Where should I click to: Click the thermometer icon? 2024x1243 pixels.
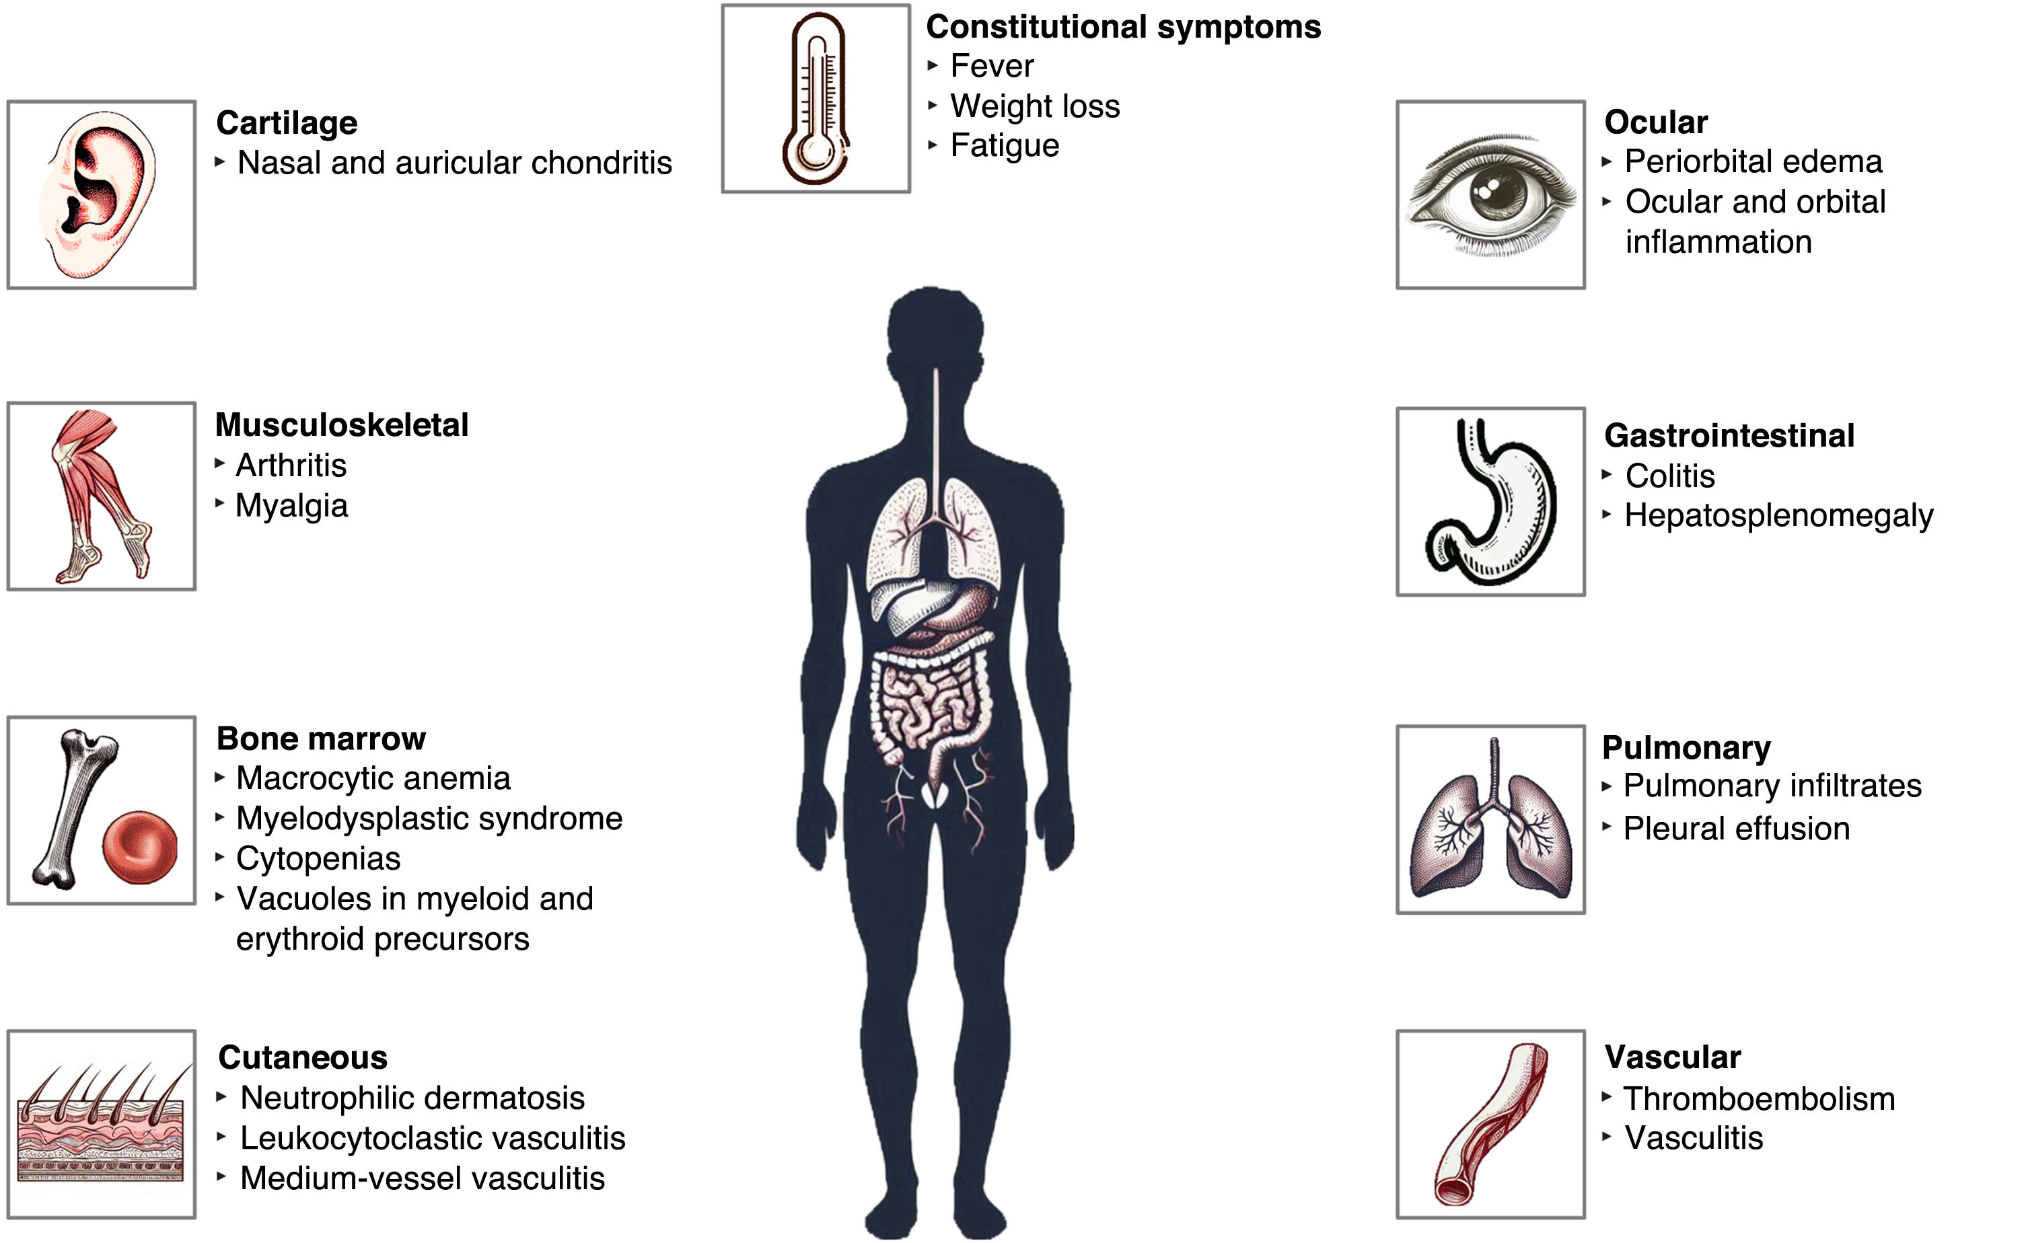click(x=815, y=99)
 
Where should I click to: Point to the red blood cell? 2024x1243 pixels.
click(x=140, y=847)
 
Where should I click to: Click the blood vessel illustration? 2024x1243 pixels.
click(x=1490, y=1124)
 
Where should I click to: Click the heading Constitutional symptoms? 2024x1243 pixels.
click(x=1122, y=27)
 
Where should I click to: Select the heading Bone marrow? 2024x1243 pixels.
click(x=321, y=739)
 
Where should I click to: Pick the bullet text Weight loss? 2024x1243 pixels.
click(x=1035, y=106)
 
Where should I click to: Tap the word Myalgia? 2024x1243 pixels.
click(x=291, y=506)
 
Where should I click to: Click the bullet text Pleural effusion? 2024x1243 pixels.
click(x=1736, y=829)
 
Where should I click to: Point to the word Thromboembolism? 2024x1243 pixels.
click(x=1758, y=1099)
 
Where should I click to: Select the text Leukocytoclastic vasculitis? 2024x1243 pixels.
click(x=432, y=1139)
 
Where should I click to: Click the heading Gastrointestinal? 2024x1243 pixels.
click(x=1729, y=436)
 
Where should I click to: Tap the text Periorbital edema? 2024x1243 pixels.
click(x=1753, y=162)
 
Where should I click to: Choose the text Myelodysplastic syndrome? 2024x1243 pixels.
click(x=429, y=819)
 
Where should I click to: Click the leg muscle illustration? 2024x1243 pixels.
click(x=100, y=496)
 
